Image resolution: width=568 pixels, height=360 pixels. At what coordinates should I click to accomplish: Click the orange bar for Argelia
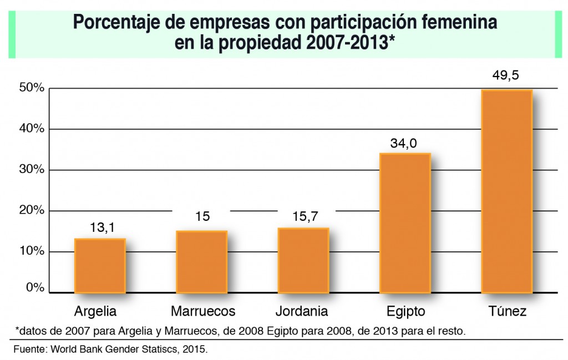(x=100, y=266)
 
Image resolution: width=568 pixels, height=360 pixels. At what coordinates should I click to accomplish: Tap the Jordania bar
(x=303, y=260)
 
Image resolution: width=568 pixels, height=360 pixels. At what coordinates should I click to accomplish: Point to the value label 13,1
(x=100, y=227)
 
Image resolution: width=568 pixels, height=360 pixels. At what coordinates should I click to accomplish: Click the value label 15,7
(x=304, y=217)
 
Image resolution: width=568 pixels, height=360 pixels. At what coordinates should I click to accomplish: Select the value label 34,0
(x=405, y=144)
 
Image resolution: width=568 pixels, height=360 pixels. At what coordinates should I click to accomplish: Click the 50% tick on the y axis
(x=31, y=89)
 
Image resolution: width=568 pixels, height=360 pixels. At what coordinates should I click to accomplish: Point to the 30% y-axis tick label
(x=31, y=170)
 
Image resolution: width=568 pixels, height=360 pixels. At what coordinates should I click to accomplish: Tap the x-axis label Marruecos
(x=202, y=311)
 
